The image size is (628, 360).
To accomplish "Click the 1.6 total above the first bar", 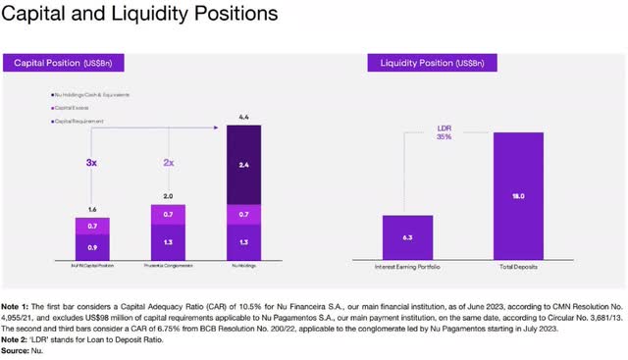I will [93, 209].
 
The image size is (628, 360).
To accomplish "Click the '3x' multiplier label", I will [92, 160].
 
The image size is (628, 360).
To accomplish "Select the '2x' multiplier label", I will [168, 160].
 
